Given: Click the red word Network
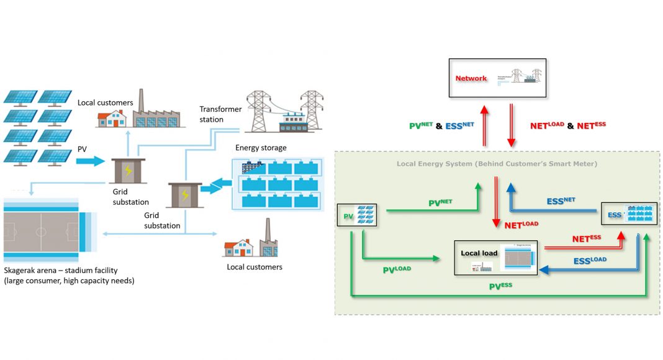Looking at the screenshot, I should click(471, 79).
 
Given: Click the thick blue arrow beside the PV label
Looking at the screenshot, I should click(91, 161).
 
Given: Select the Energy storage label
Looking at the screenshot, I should click(261, 148).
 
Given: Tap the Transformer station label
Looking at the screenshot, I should click(220, 114).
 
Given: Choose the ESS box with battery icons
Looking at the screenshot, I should click(629, 215).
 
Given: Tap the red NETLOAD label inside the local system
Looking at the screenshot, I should click(521, 225).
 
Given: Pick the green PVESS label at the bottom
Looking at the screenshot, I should click(503, 286).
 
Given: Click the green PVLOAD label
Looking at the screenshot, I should click(397, 269).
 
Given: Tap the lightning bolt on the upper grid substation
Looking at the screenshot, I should click(128, 171).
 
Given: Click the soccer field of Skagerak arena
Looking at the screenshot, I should click(41, 232).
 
